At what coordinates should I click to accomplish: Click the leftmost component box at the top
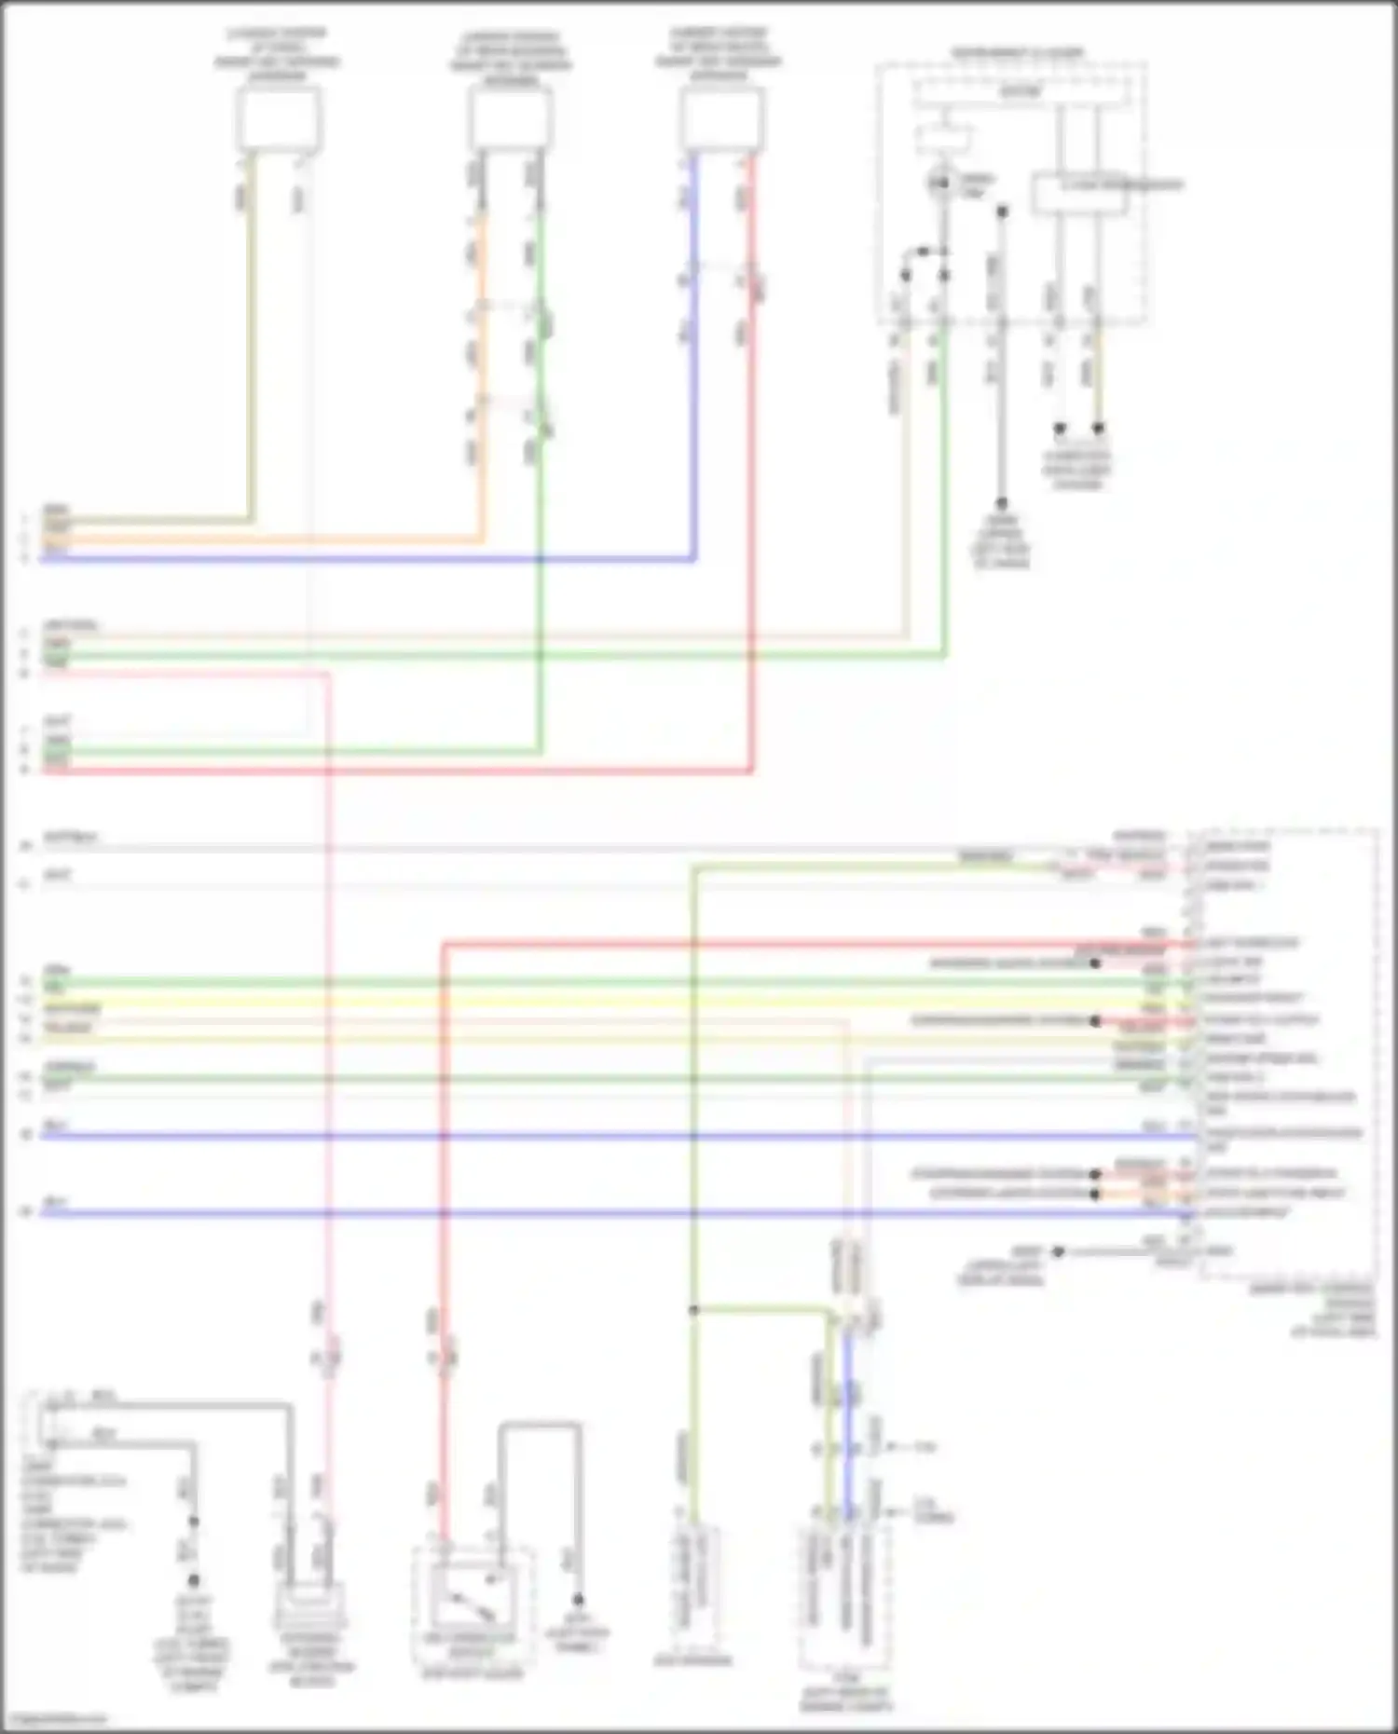point(278,118)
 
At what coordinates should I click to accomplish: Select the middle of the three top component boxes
point(510,119)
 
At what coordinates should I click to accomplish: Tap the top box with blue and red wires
point(721,119)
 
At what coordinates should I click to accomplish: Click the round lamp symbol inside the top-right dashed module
point(941,184)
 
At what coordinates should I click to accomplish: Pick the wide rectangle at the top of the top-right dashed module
point(1021,92)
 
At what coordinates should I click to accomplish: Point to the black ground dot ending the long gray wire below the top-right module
point(1002,504)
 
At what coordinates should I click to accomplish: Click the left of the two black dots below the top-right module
point(1060,430)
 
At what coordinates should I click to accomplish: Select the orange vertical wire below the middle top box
point(482,373)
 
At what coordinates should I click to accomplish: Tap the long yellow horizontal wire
point(559,1000)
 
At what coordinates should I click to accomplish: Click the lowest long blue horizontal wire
point(559,1213)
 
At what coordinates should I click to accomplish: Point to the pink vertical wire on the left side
point(328,1025)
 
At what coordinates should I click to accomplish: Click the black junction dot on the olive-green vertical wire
point(693,1310)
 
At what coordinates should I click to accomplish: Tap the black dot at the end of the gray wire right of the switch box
point(578,1600)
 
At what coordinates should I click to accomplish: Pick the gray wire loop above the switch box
point(541,1426)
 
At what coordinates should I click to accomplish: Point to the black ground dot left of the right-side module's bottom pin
point(1058,1252)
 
